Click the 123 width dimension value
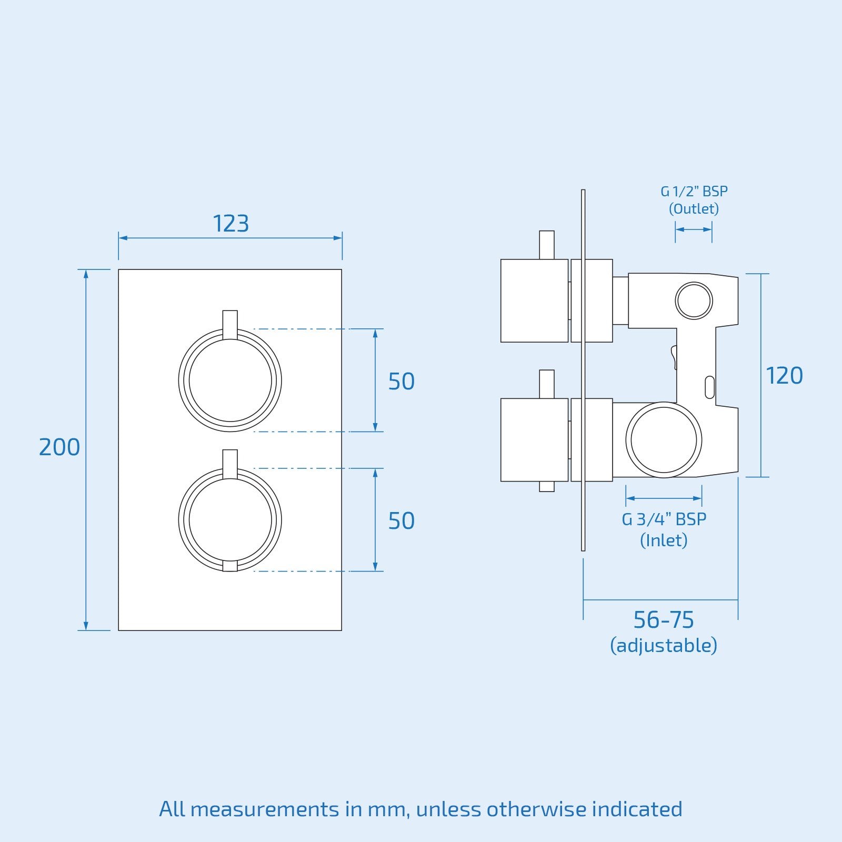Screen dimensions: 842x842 click(x=230, y=224)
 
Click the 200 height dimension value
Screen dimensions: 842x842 click(x=59, y=447)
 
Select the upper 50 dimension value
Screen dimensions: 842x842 click(x=401, y=382)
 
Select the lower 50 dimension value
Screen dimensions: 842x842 click(x=401, y=521)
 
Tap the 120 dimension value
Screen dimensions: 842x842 click(x=784, y=376)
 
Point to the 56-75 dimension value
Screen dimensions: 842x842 click(x=664, y=620)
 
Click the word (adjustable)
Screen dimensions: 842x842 click(x=664, y=645)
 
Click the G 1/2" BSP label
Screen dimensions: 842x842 click(x=694, y=192)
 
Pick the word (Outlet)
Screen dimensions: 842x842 click(x=694, y=209)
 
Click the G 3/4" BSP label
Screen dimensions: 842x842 click(x=664, y=519)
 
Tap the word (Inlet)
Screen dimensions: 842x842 click(x=664, y=540)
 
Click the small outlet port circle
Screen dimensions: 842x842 click(x=694, y=300)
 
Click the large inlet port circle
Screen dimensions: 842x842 click(x=664, y=440)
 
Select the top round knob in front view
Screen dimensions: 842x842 click(x=230, y=380)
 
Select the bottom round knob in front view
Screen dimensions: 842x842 click(x=230, y=520)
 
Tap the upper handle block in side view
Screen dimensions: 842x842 click(x=535, y=300)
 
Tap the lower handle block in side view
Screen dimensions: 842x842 click(x=535, y=440)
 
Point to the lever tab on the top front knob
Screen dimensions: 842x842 click(x=230, y=325)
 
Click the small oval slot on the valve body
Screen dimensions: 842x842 click(x=709, y=387)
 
